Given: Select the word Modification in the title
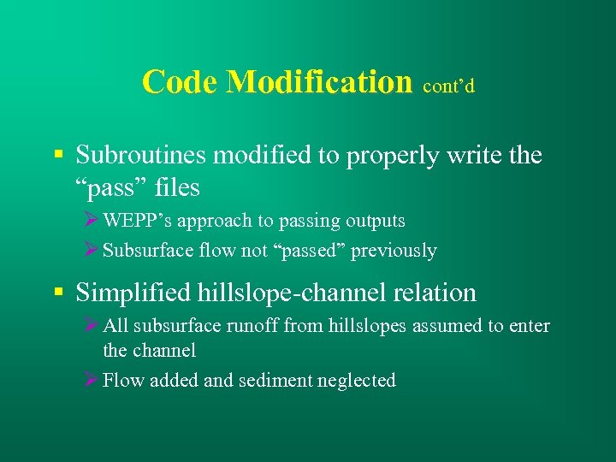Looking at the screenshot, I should coord(318,82).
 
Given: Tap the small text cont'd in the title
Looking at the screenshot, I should coord(448,86).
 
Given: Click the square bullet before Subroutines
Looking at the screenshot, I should coord(58,156).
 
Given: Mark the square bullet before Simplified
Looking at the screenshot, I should coord(58,293).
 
